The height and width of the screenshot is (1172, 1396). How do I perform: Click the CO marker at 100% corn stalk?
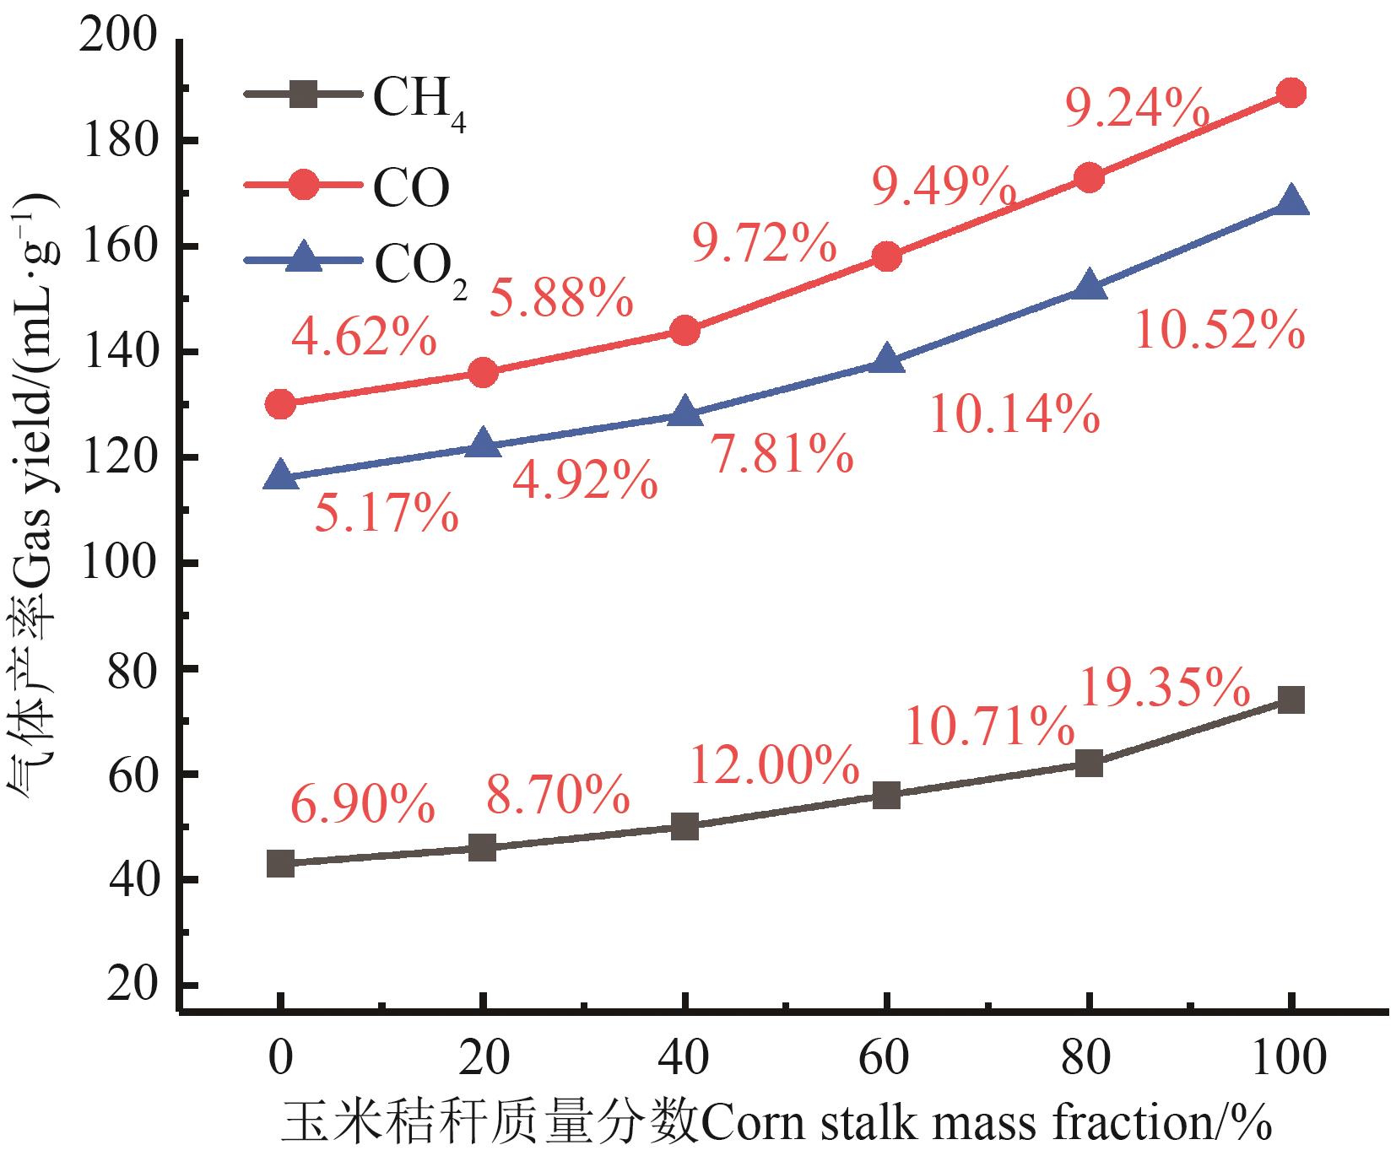tap(1290, 93)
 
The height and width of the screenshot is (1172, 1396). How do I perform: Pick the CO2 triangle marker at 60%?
tap(886, 360)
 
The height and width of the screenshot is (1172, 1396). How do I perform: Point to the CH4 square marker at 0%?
tap(280, 863)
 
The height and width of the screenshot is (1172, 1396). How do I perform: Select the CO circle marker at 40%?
tap(684, 331)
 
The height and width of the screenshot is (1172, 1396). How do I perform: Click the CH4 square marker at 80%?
tap(1089, 764)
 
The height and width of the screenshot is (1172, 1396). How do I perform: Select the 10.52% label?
tap(1219, 331)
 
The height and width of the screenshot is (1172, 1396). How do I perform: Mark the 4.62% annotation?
tap(363, 339)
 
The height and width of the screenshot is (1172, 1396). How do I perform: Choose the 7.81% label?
tap(781, 455)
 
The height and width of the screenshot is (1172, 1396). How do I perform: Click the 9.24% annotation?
tap(1136, 108)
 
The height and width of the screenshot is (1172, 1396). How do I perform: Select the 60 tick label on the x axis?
tap(886, 1059)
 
